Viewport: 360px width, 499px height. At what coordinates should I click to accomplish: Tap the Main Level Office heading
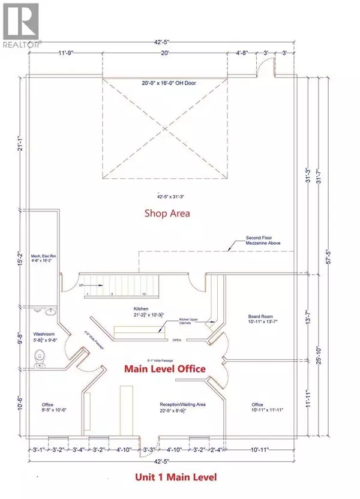click(x=164, y=369)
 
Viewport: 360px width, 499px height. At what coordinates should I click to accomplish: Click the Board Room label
click(x=260, y=318)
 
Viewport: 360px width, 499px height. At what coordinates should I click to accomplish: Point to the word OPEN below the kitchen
click(x=176, y=339)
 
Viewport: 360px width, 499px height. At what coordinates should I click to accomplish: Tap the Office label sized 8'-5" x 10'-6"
click(x=49, y=407)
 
